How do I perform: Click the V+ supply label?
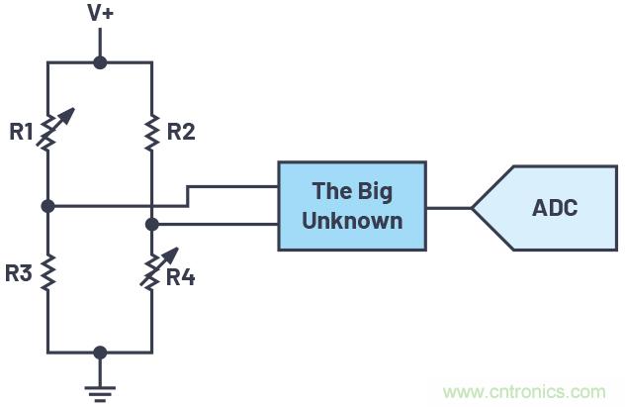[100, 13]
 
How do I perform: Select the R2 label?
[180, 131]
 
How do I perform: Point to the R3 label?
[19, 273]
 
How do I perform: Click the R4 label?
[180, 276]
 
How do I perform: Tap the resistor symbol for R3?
[48, 272]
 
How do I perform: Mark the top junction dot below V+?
[100, 62]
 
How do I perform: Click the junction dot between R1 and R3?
[48, 206]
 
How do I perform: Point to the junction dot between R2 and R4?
[151, 225]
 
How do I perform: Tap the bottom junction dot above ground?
[100, 352]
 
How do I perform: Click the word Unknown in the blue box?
[352, 220]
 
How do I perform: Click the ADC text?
[554, 208]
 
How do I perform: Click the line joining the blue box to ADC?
[449, 208]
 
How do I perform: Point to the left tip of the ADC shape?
[474, 208]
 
